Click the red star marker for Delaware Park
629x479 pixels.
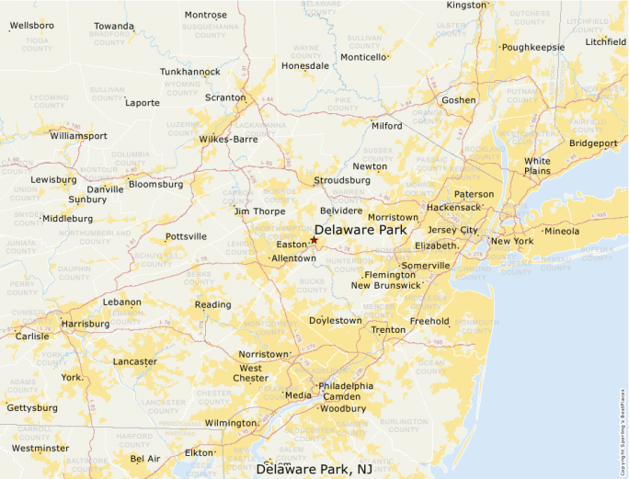(314, 240)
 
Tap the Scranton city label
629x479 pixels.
(225, 97)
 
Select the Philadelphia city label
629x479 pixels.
(346, 386)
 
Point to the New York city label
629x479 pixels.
(512, 241)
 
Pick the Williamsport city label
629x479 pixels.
(78, 135)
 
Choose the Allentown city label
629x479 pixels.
(293, 259)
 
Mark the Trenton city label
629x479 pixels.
(388, 329)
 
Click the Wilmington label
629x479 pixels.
(230, 423)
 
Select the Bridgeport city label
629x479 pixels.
(593, 143)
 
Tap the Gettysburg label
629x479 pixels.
(32, 407)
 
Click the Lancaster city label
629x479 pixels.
(135, 361)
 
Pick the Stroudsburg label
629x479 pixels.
(342, 180)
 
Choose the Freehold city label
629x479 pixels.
(429, 321)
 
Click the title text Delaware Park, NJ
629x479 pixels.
(320, 469)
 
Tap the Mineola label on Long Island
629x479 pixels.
(562, 231)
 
